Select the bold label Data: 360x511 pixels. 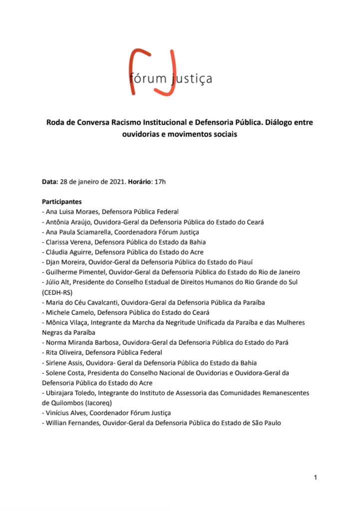click(50, 182)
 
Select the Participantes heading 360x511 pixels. click(62, 202)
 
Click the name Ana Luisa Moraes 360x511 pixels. click(71, 212)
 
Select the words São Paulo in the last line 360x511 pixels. click(265, 423)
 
